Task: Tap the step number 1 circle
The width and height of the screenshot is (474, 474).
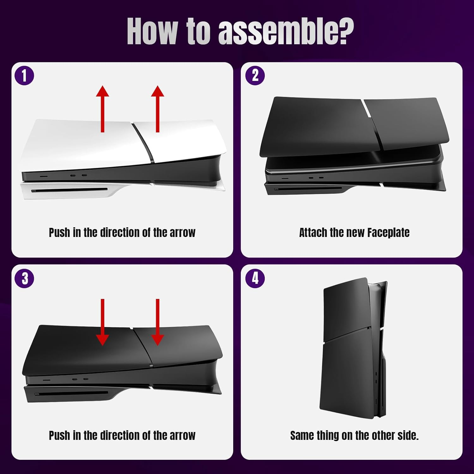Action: pyautogui.click(x=24, y=76)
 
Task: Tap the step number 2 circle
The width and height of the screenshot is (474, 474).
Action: pyautogui.click(x=255, y=76)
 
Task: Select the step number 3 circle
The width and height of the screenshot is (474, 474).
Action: pyautogui.click(x=24, y=278)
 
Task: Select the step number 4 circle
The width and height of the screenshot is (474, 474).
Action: pyautogui.click(x=255, y=278)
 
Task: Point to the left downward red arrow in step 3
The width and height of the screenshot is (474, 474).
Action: pyautogui.click(x=102, y=322)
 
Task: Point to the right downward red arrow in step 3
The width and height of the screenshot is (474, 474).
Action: pyautogui.click(x=157, y=322)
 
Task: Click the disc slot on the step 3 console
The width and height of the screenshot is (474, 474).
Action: pyautogui.click(x=71, y=394)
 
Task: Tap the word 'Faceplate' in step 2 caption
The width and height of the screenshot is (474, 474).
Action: pyautogui.click(x=388, y=233)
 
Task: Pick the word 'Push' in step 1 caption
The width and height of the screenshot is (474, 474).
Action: pyautogui.click(x=59, y=233)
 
